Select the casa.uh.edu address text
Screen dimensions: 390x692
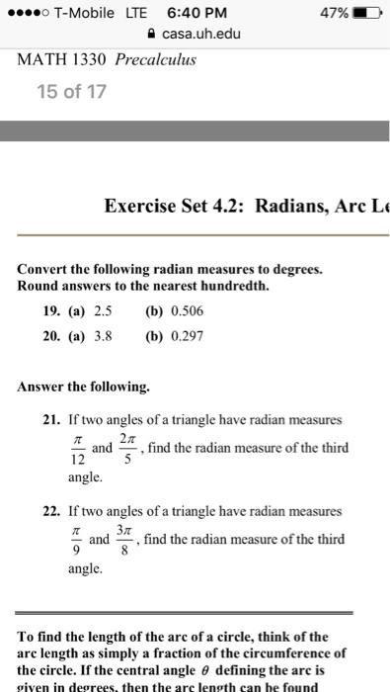click(202, 34)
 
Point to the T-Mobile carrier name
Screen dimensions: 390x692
click(87, 13)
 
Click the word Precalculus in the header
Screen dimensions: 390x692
click(156, 58)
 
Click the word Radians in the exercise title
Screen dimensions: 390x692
click(295, 207)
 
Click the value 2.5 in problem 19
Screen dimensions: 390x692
click(102, 309)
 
